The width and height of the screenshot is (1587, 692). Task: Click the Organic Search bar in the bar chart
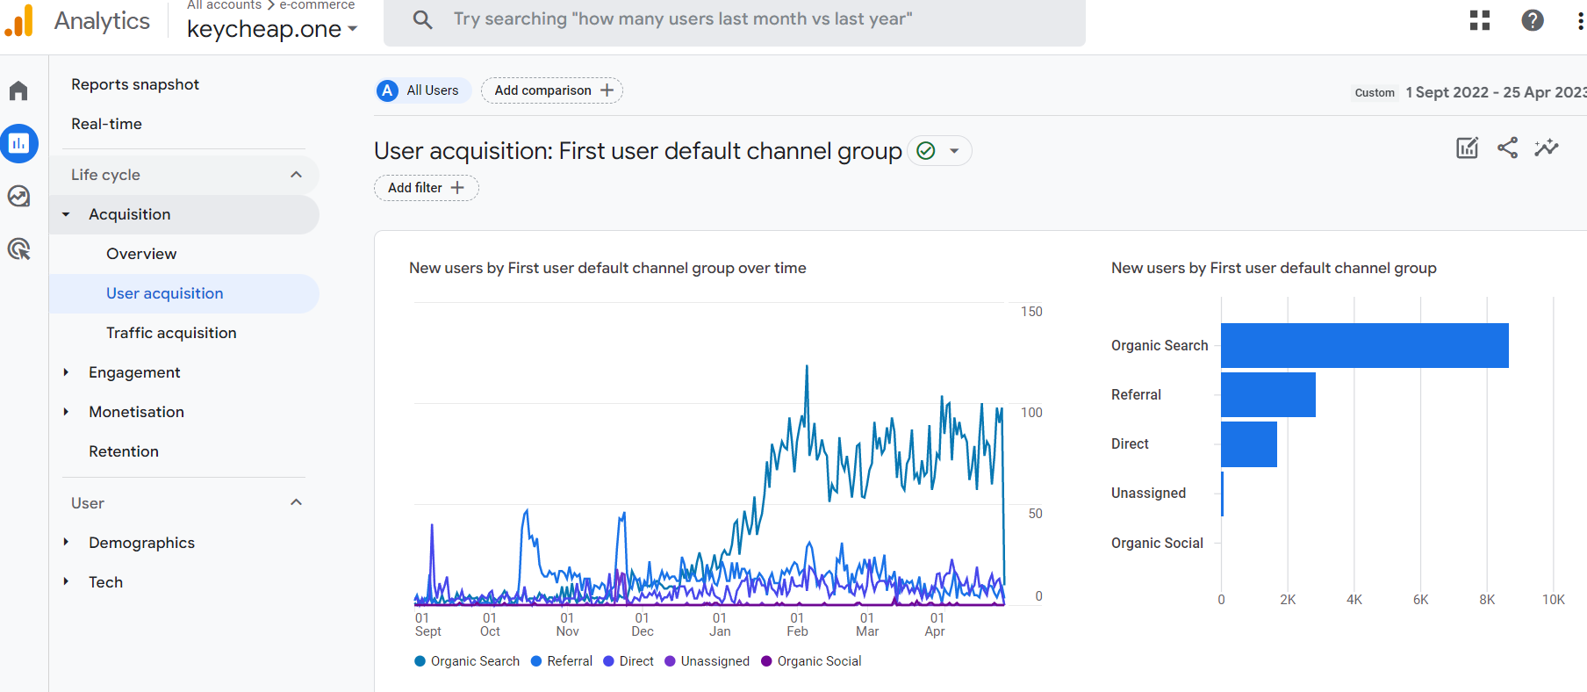coord(1364,345)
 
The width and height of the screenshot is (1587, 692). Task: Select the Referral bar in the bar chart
coord(1267,394)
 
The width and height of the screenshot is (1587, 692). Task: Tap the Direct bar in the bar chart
coord(1248,444)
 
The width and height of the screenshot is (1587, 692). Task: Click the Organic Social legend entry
coord(811,661)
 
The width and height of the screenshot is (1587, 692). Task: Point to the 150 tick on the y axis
coord(1031,312)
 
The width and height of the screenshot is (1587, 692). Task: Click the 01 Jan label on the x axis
coord(720,624)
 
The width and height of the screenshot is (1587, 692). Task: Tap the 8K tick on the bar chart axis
coord(1487,600)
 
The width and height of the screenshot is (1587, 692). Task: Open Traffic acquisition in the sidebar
coord(171,333)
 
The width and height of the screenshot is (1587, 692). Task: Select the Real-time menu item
coord(106,124)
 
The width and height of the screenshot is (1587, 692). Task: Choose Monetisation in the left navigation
coord(136,412)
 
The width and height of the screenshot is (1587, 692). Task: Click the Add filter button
coord(426,188)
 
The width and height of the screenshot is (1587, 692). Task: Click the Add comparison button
coord(552,90)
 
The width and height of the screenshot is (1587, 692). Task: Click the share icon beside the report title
coord(1507,148)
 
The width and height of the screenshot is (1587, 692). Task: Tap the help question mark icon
coord(1533,20)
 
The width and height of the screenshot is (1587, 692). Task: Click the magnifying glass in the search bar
coord(422,19)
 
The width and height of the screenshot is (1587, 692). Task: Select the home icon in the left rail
coord(18,90)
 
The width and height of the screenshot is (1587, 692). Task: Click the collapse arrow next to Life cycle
coord(296,175)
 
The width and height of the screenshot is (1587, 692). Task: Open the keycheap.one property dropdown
coord(272,29)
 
